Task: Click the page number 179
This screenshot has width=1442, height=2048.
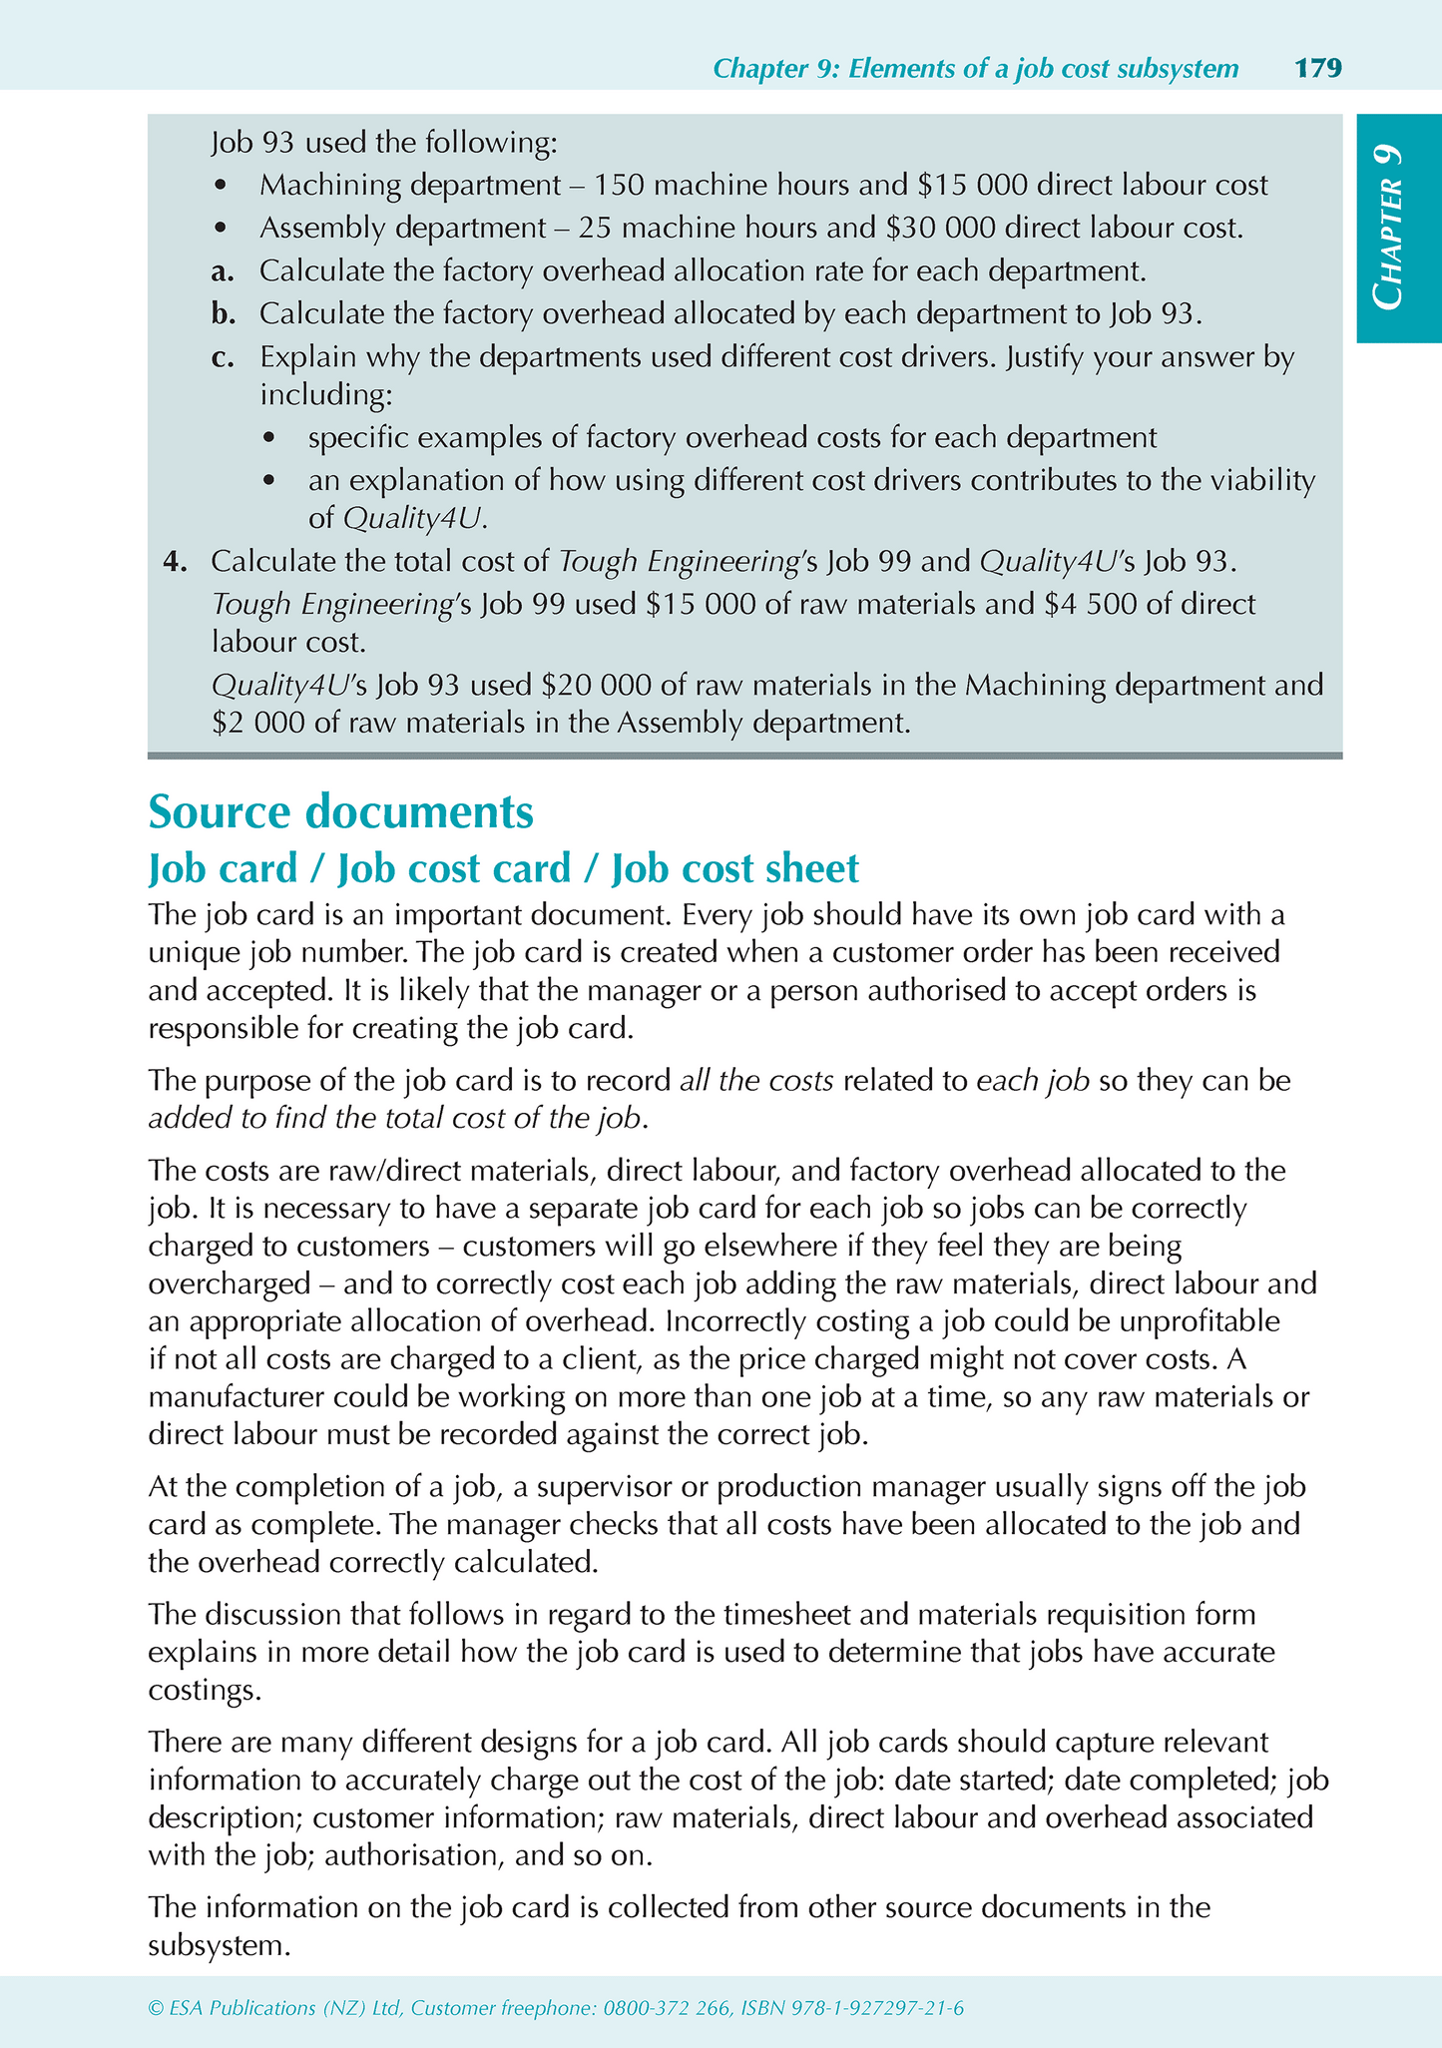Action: [x=1317, y=68]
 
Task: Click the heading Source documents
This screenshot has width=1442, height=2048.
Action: [x=340, y=812]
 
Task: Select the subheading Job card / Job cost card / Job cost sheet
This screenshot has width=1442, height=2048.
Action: [x=503, y=868]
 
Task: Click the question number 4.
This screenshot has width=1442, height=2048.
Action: [x=175, y=562]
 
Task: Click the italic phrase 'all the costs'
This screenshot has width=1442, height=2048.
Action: [x=756, y=1081]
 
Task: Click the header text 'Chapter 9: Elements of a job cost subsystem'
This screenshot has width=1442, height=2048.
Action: [x=976, y=68]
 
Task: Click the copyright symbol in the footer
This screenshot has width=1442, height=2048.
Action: [x=155, y=2008]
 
